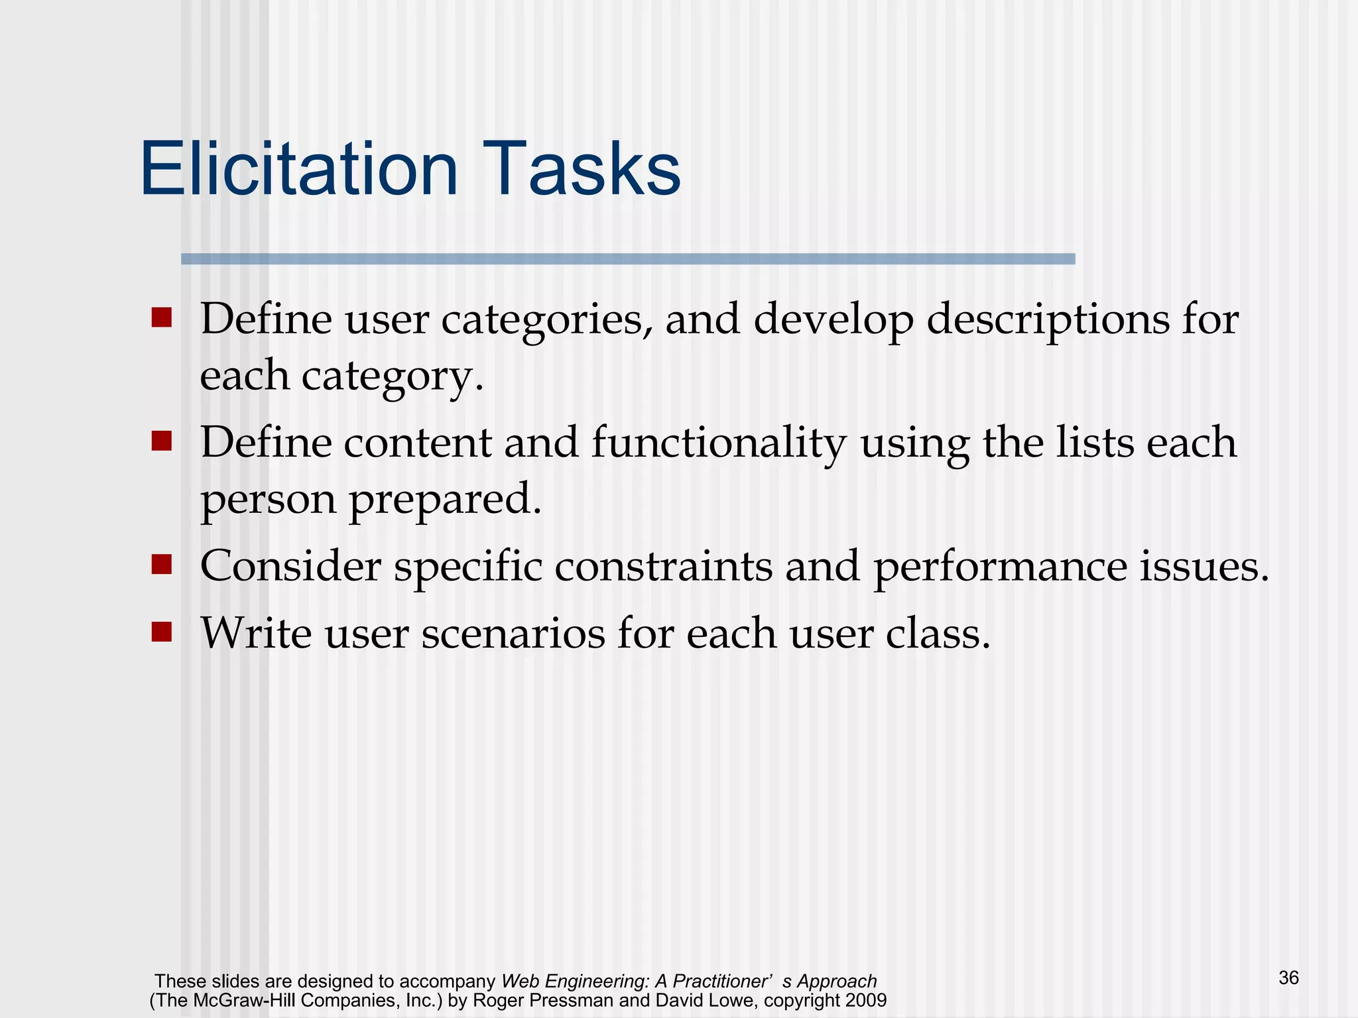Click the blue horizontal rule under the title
627,259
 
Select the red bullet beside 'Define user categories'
161,317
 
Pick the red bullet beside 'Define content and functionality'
161,441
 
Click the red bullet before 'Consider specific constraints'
161,565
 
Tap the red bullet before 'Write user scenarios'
161,632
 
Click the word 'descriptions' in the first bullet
1048,321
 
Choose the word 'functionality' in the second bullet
719,443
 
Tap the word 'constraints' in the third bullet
663,567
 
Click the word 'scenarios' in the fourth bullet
513,634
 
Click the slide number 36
1288,978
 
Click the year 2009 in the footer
866,1000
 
